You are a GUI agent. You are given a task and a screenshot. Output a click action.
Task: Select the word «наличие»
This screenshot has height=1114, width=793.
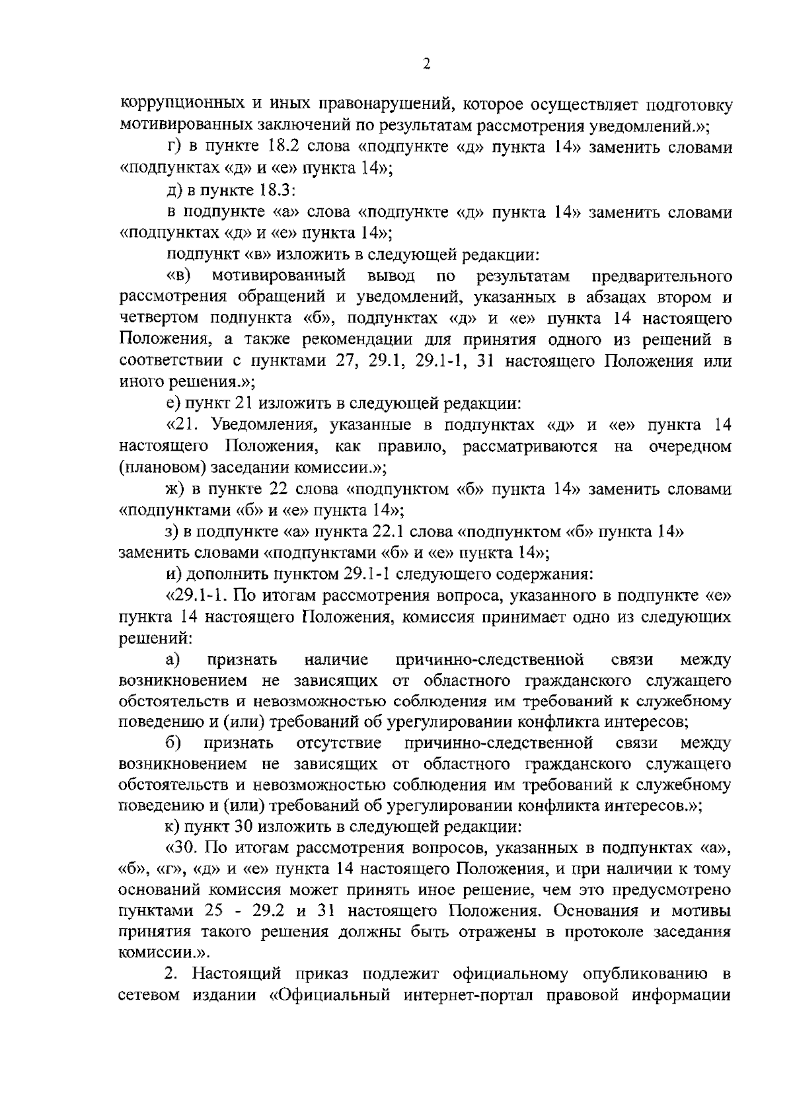tap(337, 659)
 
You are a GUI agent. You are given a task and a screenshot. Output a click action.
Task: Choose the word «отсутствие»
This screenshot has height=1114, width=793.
tap(339, 743)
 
